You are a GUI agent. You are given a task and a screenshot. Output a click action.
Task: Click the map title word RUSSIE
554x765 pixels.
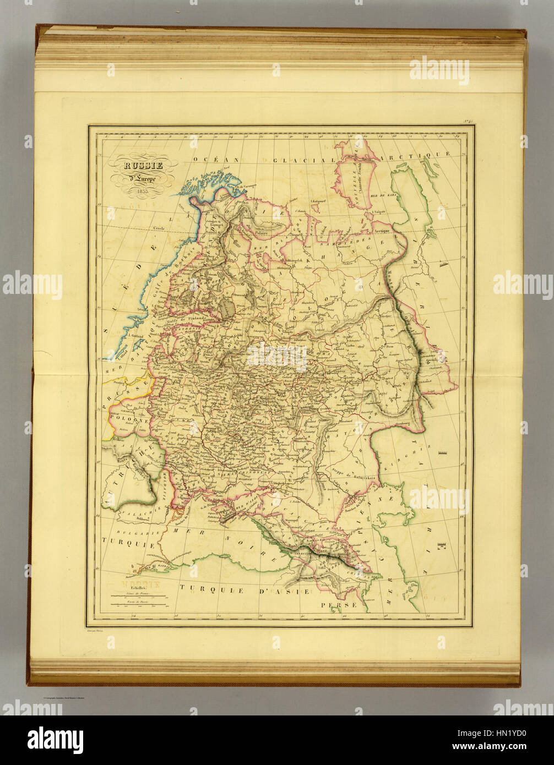pos(143,165)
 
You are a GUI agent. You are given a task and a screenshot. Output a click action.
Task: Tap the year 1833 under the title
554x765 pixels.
pos(142,191)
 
